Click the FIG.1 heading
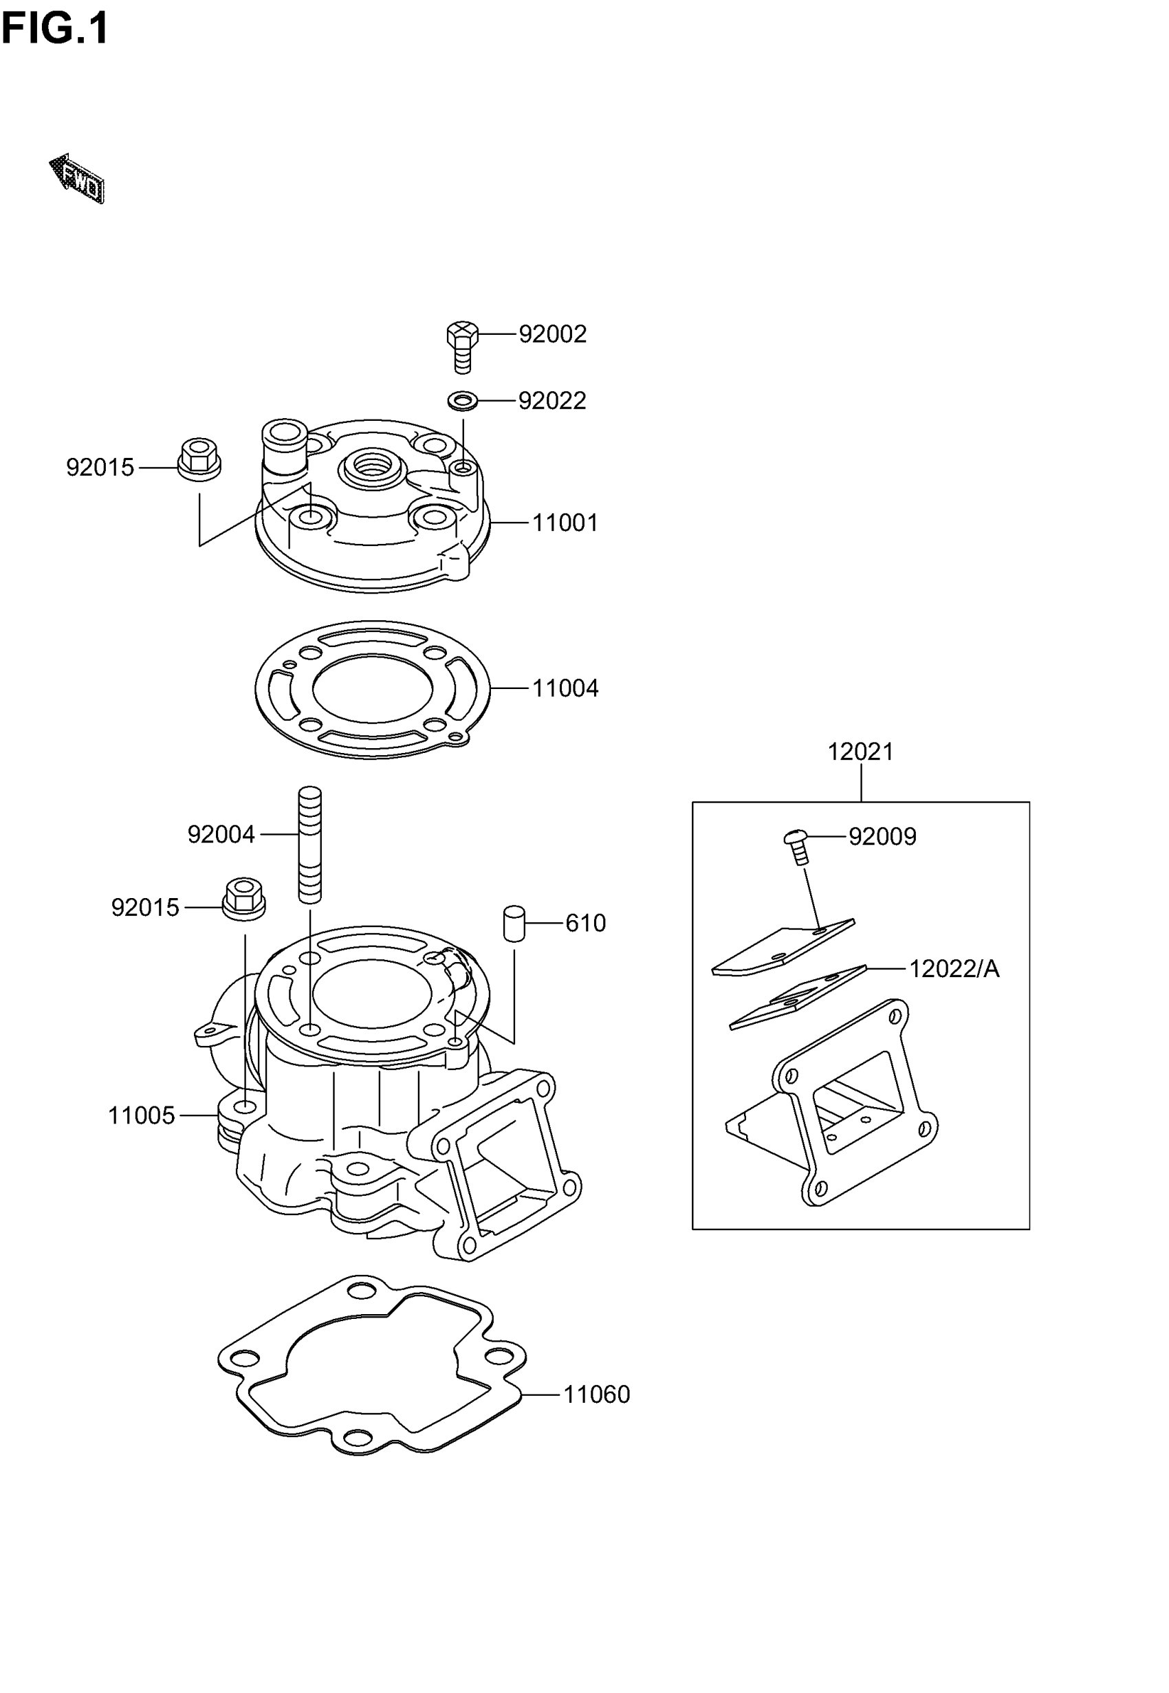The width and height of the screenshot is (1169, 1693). [x=55, y=30]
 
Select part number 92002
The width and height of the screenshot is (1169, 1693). [x=552, y=334]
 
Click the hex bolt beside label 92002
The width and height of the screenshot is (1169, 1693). [x=462, y=346]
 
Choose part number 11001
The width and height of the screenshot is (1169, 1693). [x=565, y=523]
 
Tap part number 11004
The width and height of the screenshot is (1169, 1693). [x=565, y=688]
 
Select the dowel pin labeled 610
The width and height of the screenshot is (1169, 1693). [x=514, y=924]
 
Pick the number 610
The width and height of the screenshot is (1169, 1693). [x=585, y=924]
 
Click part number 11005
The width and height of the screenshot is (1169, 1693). [x=142, y=1115]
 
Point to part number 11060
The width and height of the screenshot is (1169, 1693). [x=596, y=1395]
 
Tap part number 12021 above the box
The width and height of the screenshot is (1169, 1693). [x=861, y=752]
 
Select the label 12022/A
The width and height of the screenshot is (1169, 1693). [x=954, y=969]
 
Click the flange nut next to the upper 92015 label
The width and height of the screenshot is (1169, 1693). [x=199, y=459]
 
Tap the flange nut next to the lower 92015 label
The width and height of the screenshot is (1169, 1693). [x=244, y=899]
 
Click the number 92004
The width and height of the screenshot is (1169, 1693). [x=221, y=834]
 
